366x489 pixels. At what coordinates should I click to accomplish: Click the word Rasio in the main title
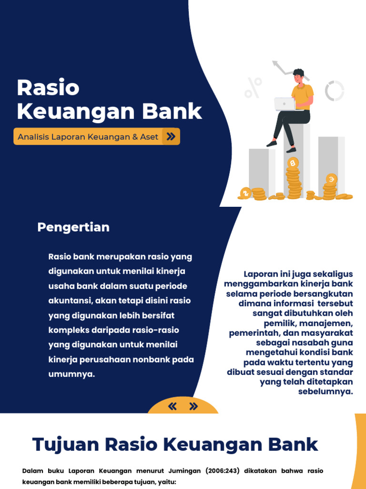pos(48,88)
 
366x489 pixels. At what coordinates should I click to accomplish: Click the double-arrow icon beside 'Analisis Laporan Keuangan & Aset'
pos(170,137)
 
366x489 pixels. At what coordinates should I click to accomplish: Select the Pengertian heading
pos(73,227)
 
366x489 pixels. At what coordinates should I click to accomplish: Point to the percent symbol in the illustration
pos(253,88)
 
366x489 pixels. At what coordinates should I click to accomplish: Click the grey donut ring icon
pos(335,91)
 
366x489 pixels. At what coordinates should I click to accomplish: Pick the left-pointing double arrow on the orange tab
pos(173,407)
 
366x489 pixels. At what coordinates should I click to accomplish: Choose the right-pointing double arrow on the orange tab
pos(193,407)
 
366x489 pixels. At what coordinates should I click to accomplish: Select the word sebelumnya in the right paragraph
pos(325,392)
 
